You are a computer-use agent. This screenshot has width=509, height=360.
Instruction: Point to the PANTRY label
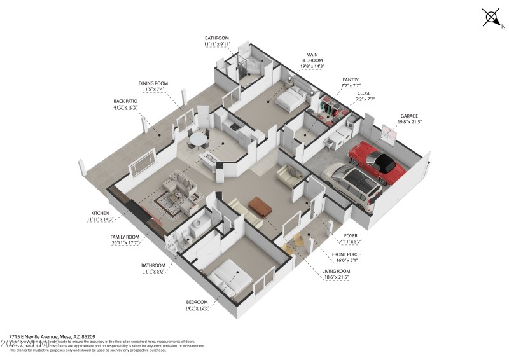click(x=351, y=80)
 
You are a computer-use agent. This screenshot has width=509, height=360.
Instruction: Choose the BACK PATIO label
click(x=125, y=101)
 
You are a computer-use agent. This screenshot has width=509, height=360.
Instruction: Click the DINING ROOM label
click(x=153, y=83)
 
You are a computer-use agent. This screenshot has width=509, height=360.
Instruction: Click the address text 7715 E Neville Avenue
click(x=52, y=336)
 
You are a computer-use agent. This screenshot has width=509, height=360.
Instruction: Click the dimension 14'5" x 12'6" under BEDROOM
click(x=197, y=308)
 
